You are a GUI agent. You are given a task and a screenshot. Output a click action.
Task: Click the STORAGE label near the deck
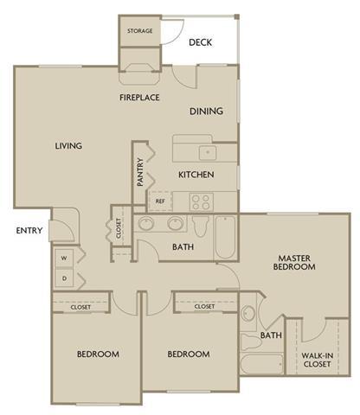click(139, 31)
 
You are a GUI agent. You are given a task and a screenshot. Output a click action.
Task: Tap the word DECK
click(201, 41)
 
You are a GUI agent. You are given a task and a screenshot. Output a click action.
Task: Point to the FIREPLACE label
click(139, 98)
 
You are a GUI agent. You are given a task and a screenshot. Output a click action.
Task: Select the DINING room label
click(206, 111)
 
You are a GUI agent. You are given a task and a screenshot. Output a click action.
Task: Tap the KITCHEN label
click(196, 175)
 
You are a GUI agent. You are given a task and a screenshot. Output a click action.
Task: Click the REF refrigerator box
click(160, 201)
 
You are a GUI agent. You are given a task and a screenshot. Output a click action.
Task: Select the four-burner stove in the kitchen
click(202, 201)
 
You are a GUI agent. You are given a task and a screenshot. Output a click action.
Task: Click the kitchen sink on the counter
click(207, 152)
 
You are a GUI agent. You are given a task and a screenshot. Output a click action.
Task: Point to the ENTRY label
click(29, 231)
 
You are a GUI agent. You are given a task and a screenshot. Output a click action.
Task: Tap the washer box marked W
click(64, 259)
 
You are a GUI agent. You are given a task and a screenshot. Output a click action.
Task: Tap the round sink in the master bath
click(247, 314)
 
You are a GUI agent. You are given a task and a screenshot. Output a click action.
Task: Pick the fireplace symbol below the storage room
click(139, 65)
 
